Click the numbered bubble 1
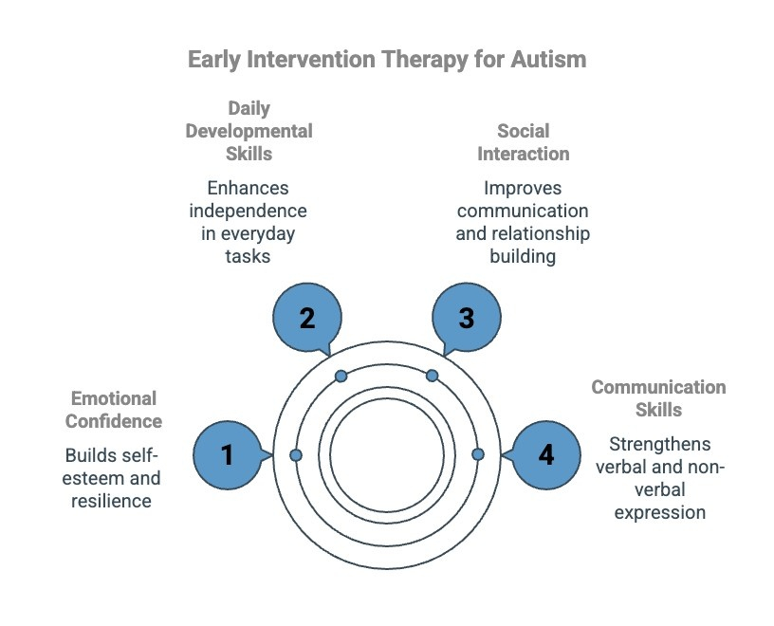coord(228,455)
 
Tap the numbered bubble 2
coord(306,318)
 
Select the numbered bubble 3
coord(466,318)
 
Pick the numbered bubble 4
coord(545,455)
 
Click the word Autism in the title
coord(545,59)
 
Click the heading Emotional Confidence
coord(114,410)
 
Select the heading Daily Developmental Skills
coord(249,131)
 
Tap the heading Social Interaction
coord(523,142)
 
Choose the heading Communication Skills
coord(658,398)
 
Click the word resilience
coord(111,501)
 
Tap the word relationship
coord(523,232)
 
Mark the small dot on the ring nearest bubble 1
coord(296,456)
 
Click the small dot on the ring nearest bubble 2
coord(341,377)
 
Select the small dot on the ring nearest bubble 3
coord(432,377)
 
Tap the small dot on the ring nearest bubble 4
coord(477,454)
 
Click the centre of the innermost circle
coord(386,455)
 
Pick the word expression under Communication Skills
coord(659,512)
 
